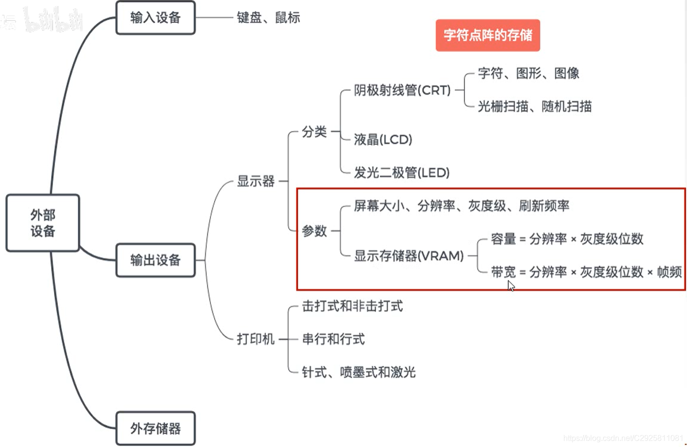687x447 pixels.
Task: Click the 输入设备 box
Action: click(155, 18)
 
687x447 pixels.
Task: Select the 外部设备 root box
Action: click(43, 223)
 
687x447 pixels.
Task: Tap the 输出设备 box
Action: click(155, 260)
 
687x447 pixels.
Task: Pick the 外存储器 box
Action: click(155, 429)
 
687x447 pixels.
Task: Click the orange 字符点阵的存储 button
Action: click(487, 35)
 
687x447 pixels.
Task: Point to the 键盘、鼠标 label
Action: click(268, 18)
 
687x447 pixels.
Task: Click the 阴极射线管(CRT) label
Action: click(402, 90)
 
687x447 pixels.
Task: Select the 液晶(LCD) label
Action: click(383, 140)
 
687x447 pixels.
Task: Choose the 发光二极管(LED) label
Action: click(401, 173)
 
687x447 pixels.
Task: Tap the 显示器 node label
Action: click(256, 181)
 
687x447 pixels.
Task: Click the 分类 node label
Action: click(314, 132)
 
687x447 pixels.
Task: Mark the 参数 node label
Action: click(314, 231)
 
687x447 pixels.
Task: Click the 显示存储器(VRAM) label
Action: click(408, 256)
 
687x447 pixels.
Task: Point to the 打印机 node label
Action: click(256, 339)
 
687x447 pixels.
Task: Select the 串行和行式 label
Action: click(333, 339)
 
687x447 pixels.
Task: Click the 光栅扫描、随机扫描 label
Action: click(534, 107)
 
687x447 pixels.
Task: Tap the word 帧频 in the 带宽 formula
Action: click(669, 272)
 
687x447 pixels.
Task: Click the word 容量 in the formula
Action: click(503, 239)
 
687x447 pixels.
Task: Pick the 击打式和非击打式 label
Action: click(352, 306)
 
